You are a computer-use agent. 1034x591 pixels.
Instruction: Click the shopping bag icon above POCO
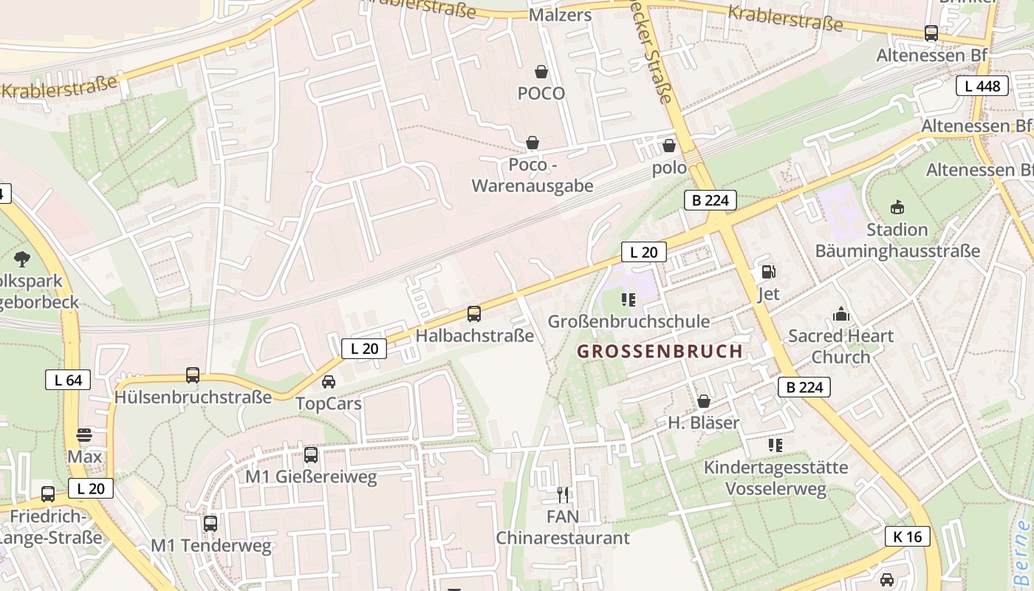(x=541, y=72)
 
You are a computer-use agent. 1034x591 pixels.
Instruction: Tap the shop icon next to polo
(x=669, y=146)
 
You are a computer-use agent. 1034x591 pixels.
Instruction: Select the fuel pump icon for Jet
(x=769, y=272)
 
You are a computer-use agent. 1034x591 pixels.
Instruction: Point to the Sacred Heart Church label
(x=840, y=346)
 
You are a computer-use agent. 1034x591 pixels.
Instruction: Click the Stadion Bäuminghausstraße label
(x=897, y=240)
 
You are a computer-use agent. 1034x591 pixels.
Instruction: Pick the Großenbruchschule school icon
(x=629, y=299)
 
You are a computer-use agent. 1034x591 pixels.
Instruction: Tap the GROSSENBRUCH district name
(x=660, y=352)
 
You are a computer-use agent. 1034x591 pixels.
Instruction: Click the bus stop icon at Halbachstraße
(x=474, y=314)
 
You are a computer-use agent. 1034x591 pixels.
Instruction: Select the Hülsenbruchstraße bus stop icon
(x=193, y=375)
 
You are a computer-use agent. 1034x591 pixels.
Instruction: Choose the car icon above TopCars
(x=329, y=382)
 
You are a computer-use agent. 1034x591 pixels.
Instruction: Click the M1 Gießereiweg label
(x=311, y=477)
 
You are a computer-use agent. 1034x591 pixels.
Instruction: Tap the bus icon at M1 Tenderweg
(x=210, y=524)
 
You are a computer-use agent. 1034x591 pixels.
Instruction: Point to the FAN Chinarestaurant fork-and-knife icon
(x=563, y=494)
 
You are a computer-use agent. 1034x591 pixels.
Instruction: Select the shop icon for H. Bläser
(x=704, y=401)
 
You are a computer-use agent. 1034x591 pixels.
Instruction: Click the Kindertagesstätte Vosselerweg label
(x=775, y=478)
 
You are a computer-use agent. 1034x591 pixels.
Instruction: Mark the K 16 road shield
(x=907, y=536)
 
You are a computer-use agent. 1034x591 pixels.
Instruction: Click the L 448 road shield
(x=982, y=86)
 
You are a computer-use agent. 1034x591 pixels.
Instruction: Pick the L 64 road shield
(x=68, y=380)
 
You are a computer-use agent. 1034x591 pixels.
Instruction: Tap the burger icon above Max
(x=84, y=434)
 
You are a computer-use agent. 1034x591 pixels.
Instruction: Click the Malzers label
(x=561, y=15)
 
